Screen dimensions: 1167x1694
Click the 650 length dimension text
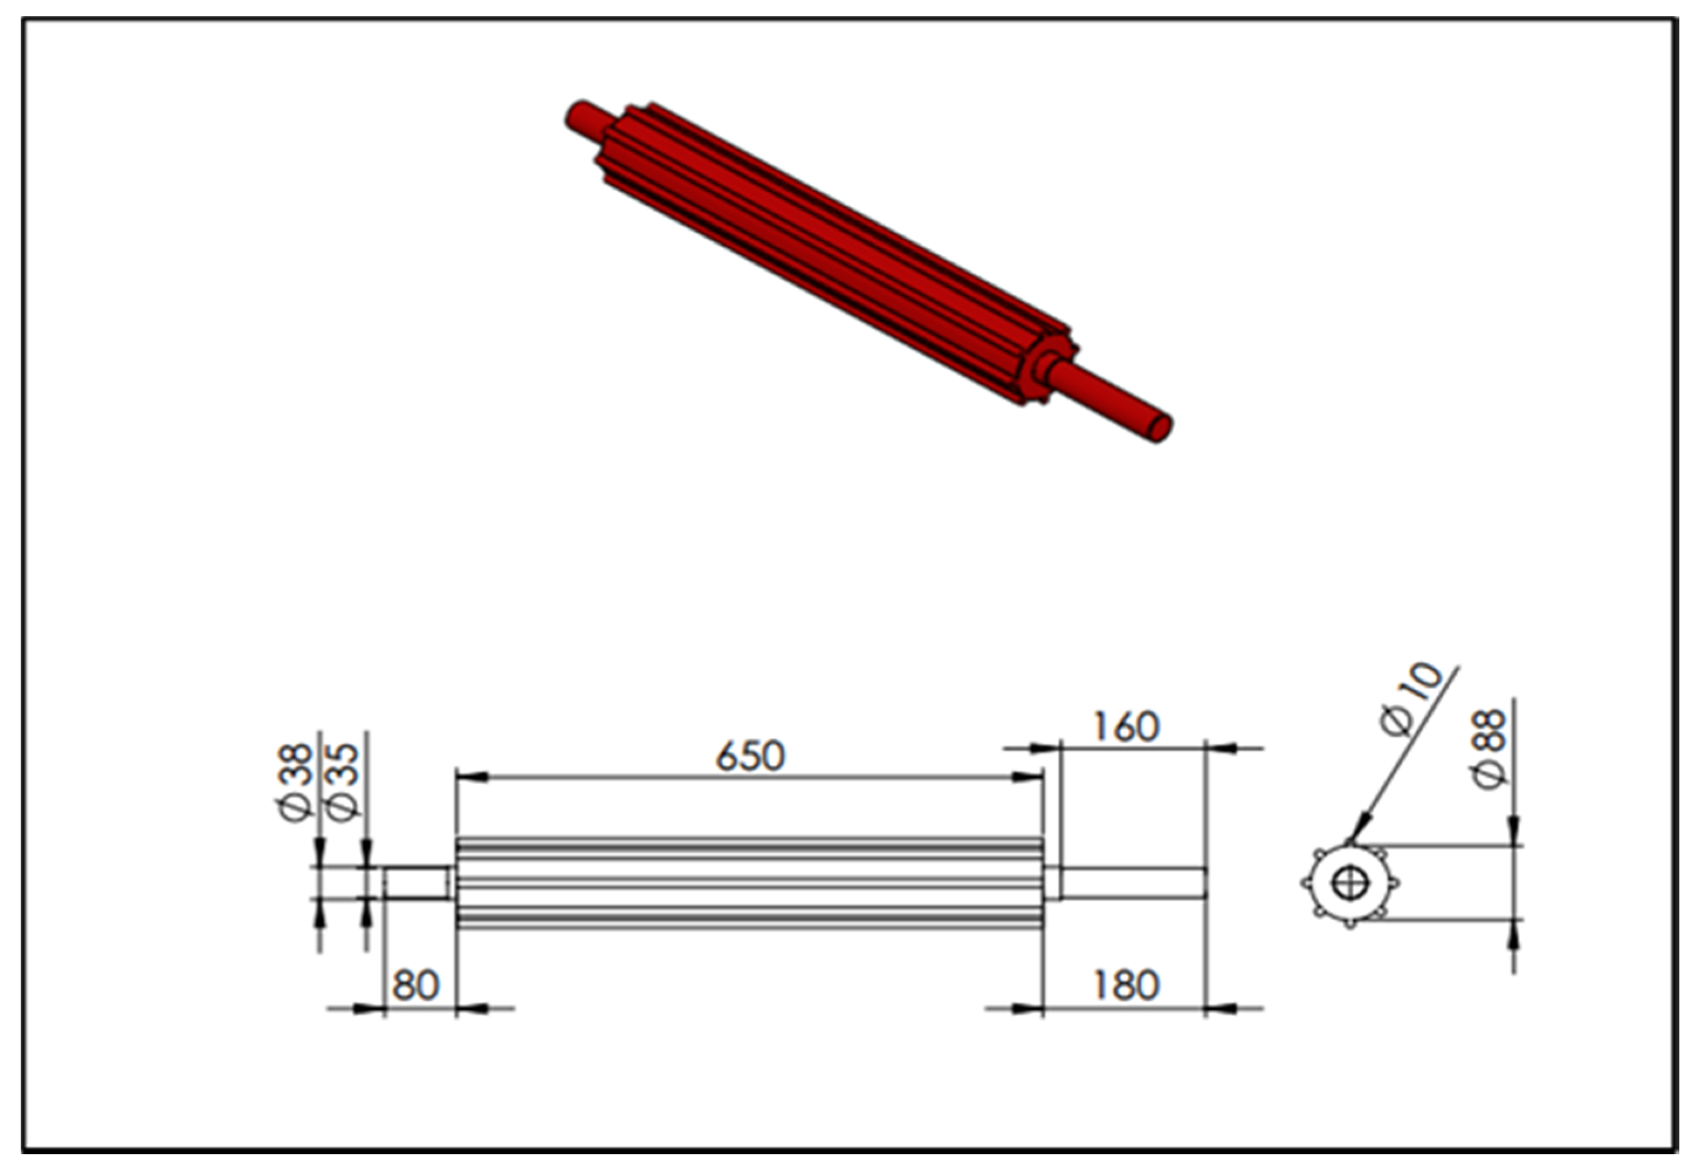[x=750, y=757]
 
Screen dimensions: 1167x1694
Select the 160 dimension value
[x=1125, y=727]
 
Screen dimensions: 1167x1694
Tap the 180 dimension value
[x=1125, y=986]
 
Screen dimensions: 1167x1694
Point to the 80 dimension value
[x=415, y=986]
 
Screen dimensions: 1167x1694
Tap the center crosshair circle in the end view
[x=1350, y=883]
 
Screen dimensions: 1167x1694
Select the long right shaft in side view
[x=1132, y=883]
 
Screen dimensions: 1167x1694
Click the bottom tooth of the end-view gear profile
[x=1350, y=925]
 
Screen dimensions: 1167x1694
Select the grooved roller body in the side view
[x=750, y=883]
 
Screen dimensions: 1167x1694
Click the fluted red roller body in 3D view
[x=833, y=256]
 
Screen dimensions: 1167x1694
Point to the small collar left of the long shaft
[x=1052, y=883]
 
